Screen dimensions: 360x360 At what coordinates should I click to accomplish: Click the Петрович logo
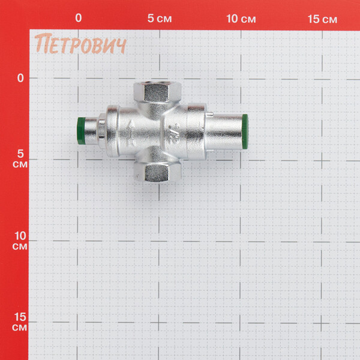[80, 44]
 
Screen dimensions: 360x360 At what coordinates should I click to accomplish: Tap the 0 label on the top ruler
[79, 18]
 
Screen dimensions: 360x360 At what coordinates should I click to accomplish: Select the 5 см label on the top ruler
[160, 19]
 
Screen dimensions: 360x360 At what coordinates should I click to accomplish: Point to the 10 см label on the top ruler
[241, 19]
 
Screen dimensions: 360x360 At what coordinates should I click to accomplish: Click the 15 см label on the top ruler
[322, 19]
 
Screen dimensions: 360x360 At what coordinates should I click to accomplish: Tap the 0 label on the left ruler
[20, 78]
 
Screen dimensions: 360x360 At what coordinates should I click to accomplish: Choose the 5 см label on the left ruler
[20, 158]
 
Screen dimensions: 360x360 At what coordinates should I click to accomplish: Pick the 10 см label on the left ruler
[20, 241]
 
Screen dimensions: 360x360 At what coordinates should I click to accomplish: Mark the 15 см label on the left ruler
[20, 322]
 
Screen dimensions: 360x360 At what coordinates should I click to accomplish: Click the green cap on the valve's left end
[81, 131]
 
